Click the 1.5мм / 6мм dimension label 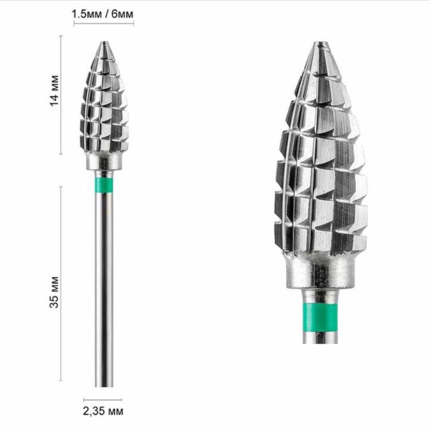point(103,14)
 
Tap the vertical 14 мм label point(54,90)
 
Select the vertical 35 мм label point(54,292)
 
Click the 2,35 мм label point(103,411)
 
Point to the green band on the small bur point(104,185)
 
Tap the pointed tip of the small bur point(104,42)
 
